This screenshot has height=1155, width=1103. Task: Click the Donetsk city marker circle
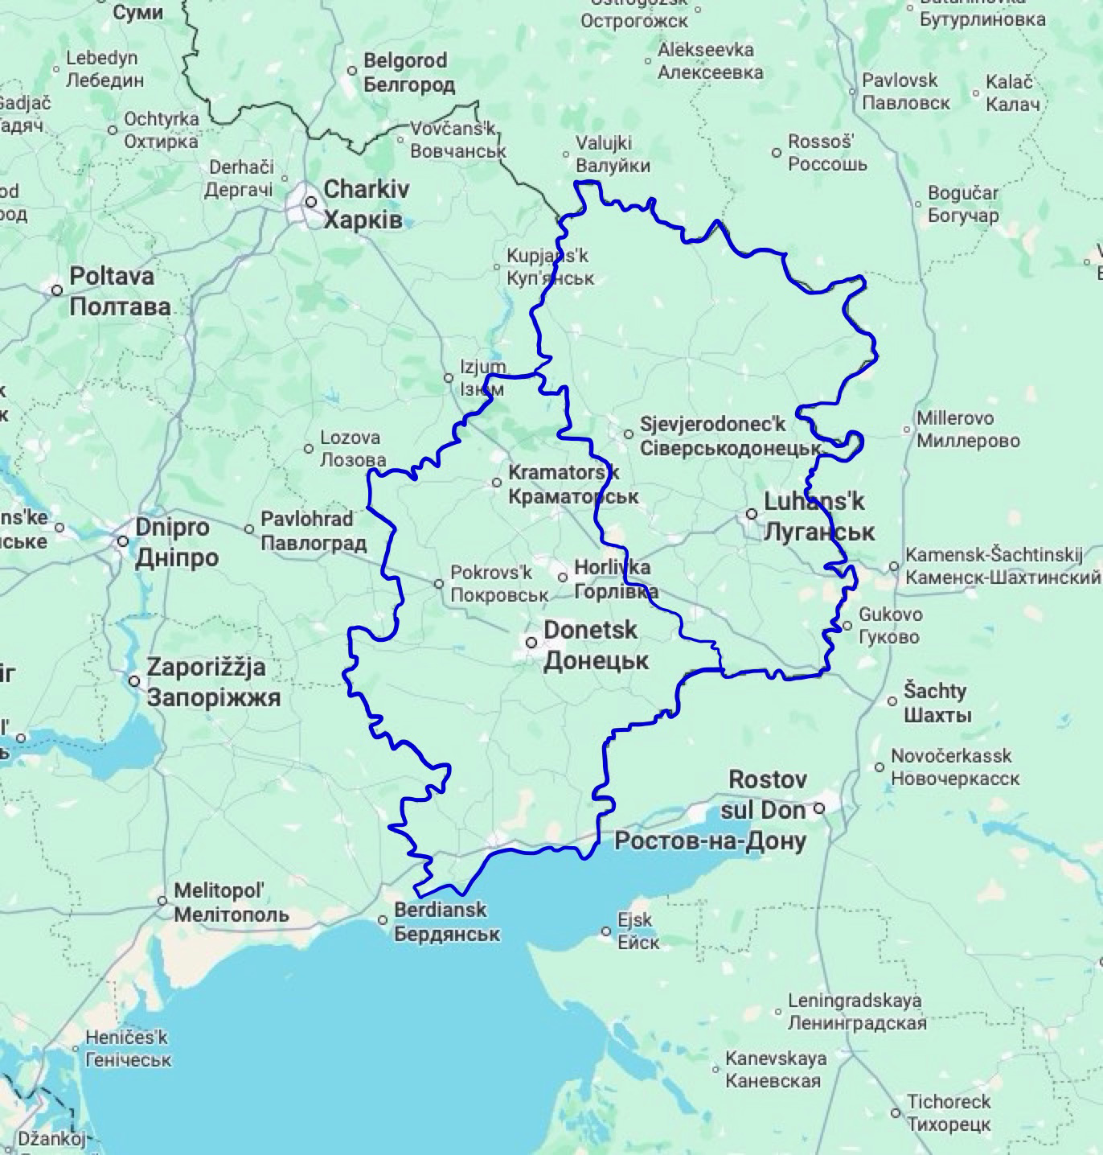click(x=531, y=643)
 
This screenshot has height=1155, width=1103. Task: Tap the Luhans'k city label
click(x=818, y=516)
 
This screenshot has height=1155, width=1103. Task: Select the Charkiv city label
click(x=366, y=203)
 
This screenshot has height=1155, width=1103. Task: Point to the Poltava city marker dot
click(x=57, y=290)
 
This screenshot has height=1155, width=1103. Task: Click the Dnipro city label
click(x=176, y=542)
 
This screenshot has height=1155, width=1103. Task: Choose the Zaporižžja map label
click(x=213, y=681)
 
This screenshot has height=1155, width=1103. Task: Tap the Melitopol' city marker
click(x=162, y=901)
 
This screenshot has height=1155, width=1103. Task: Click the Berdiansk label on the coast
click(x=446, y=921)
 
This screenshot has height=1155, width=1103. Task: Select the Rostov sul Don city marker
click(x=819, y=808)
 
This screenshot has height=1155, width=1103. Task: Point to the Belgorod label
click(x=408, y=72)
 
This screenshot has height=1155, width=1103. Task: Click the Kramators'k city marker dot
click(x=497, y=483)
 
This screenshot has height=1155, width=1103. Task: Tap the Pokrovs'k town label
click(x=498, y=584)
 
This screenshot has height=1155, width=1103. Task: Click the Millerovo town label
click(x=968, y=430)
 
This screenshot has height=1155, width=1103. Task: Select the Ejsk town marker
click(x=606, y=931)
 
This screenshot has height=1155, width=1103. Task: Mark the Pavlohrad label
click(x=313, y=531)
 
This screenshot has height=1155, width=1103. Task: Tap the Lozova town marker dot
click(x=309, y=448)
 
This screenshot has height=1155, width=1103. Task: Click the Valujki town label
click(x=613, y=154)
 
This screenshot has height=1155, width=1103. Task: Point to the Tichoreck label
click(x=949, y=1112)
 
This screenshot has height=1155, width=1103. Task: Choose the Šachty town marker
click(x=892, y=701)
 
